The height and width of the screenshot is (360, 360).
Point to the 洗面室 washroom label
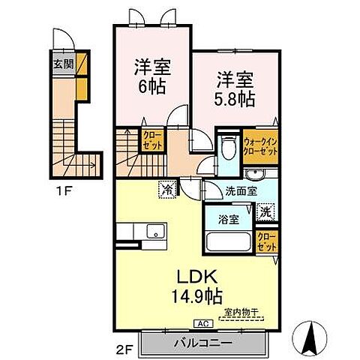241,190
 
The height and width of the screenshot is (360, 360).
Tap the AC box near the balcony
202,323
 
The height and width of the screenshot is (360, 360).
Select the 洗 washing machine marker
265,211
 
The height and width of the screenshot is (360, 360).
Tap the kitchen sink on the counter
154,232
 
